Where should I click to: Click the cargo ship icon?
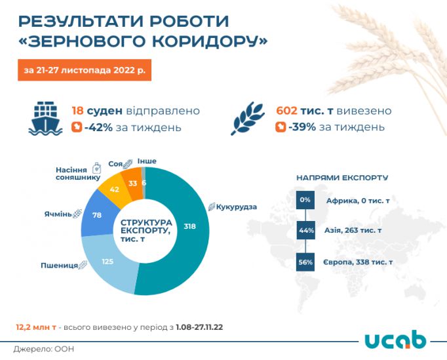pos(45,119)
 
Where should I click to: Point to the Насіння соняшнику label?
pos(78,172)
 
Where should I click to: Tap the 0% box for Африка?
pos(304,200)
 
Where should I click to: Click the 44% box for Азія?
pos(304,231)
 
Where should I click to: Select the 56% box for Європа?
pos(304,262)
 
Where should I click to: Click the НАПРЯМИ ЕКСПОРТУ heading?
pos(341,178)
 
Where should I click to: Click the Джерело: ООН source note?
pos(44,349)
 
